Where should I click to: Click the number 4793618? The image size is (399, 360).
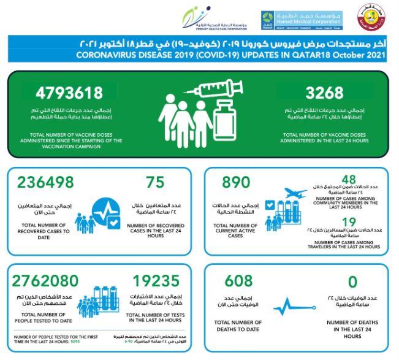(68, 94)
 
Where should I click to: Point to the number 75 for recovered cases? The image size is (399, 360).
(157, 183)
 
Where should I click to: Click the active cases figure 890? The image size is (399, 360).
(235, 183)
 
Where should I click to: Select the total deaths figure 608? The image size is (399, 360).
(238, 282)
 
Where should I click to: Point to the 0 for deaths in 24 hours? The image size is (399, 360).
(352, 282)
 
